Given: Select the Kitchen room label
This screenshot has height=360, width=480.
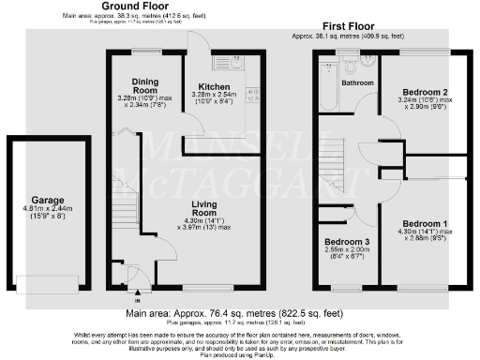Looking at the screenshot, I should [x=214, y=84].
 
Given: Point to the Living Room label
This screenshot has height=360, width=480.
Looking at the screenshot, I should [x=204, y=208].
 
